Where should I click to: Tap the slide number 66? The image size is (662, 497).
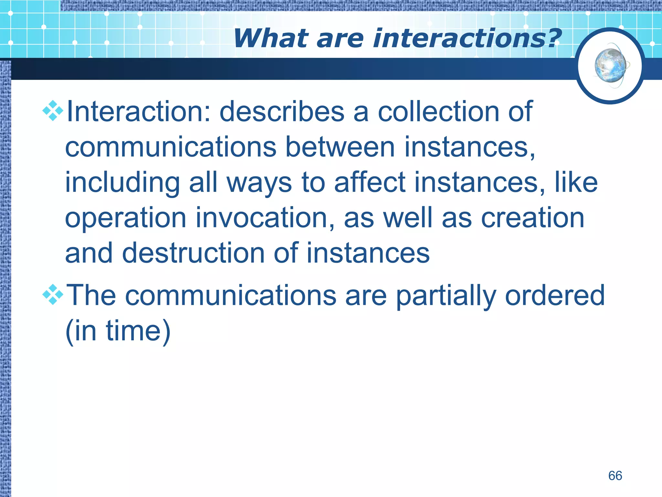tap(615, 476)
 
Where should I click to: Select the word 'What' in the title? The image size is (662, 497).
tap(271, 38)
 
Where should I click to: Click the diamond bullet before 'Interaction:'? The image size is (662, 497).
tap(53, 111)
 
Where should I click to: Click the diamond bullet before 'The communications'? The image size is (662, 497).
tap(53, 294)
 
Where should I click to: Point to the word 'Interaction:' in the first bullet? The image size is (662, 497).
tap(138, 112)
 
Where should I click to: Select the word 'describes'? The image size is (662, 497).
tap(282, 112)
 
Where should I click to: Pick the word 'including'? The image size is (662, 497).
tap(122, 183)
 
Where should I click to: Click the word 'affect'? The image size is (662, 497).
tap(369, 183)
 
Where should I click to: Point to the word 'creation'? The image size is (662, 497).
tap(532, 218)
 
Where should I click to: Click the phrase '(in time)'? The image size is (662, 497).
tap(118, 331)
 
